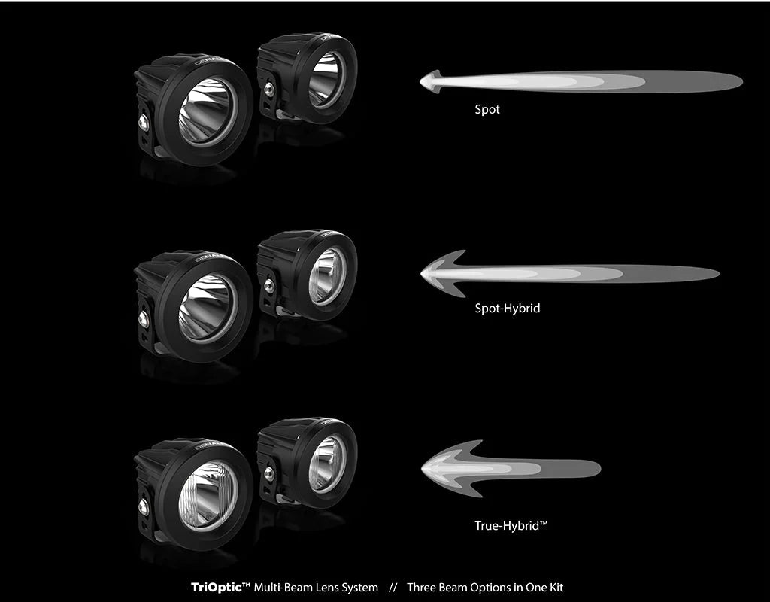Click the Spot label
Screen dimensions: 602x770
pyautogui.click(x=487, y=110)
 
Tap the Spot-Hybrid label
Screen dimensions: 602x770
pyautogui.click(x=507, y=309)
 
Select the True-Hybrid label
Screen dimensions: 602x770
pyautogui.click(x=511, y=526)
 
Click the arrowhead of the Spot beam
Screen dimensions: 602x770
pyautogui.click(x=430, y=81)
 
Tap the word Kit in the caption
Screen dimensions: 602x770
pyautogui.click(x=575, y=587)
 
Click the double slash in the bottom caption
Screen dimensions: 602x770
pyautogui.click(x=393, y=587)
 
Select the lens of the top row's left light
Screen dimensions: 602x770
pyautogui.click(x=207, y=111)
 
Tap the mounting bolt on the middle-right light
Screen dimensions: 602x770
pyautogui.click(x=268, y=286)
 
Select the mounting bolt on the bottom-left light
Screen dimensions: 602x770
pyautogui.click(x=143, y=506)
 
